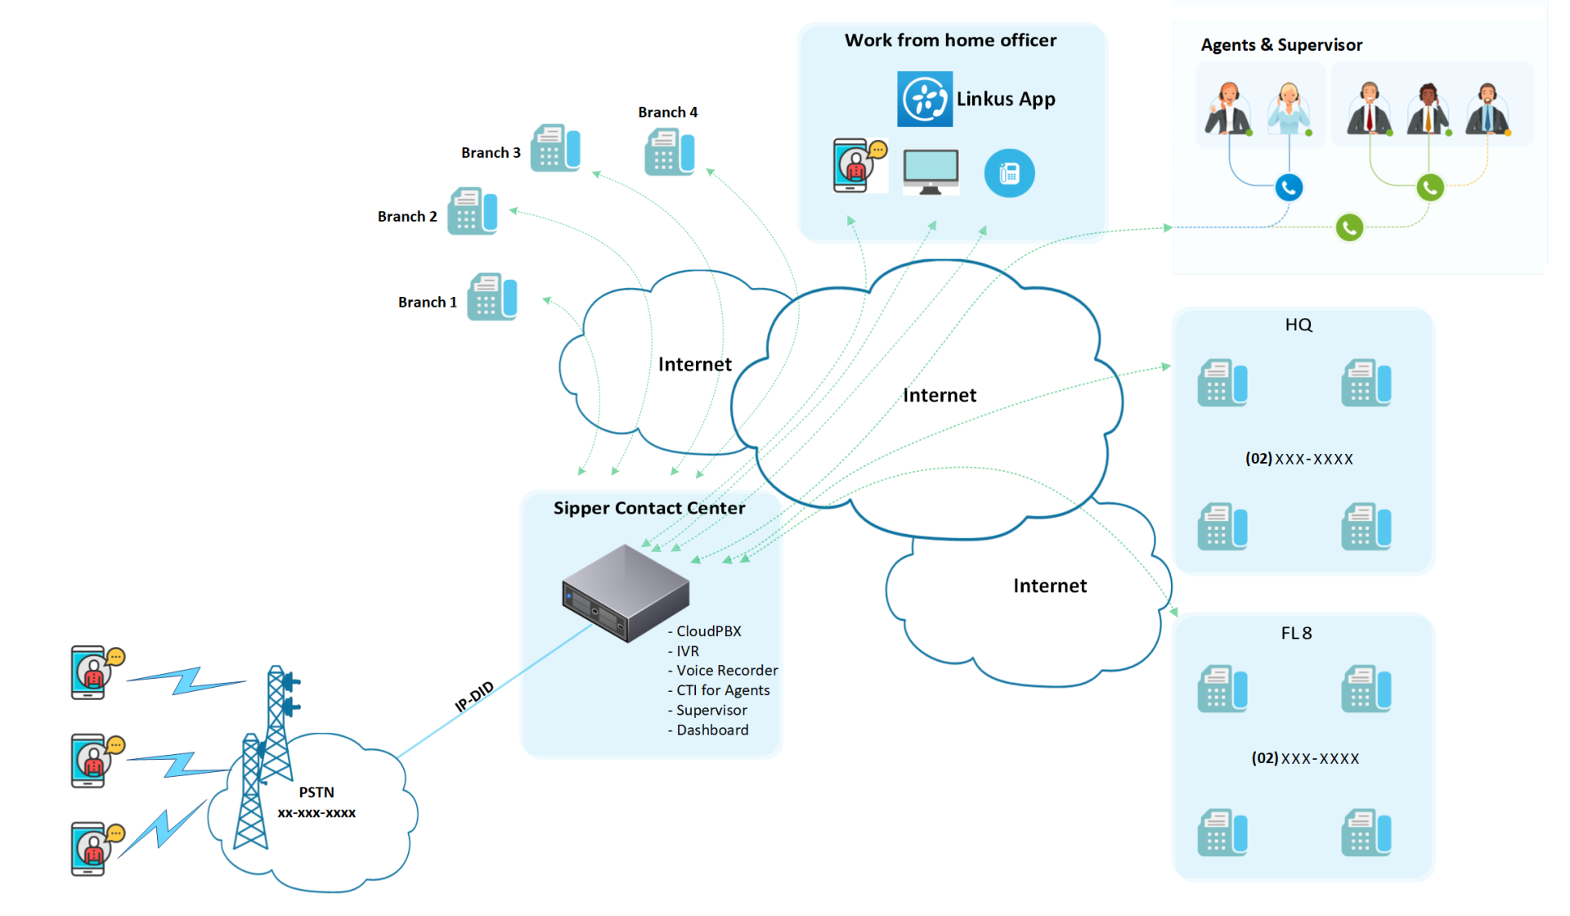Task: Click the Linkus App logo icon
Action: tap(924, 99)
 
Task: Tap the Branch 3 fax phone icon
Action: tap(555, 148)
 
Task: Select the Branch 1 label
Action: tap(427, 303)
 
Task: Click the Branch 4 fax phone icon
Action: tap(669, 152)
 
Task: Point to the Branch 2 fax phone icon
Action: tap(472, 212)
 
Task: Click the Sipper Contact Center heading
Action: tap(649, 508)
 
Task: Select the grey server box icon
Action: tap(626, 593)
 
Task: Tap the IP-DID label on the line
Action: tap(474, 696)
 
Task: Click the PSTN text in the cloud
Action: tap(316, 793)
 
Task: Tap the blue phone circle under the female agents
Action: tap(1289, 188)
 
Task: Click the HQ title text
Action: tap(1299, 325)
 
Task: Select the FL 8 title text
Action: tap(1296, 633)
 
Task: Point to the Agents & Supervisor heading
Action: tap(1281, 45)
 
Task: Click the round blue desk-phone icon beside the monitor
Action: tap(1009, 173)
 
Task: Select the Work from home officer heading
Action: tap(950, 40)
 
